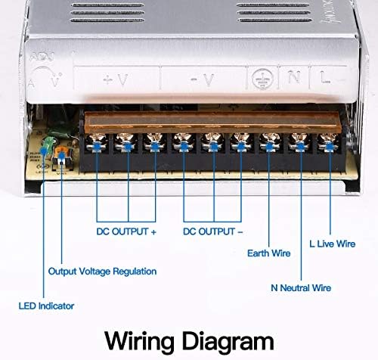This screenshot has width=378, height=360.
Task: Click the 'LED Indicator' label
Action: pyautogui.click(x=47, y=306)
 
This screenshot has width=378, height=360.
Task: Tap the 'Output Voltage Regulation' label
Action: pyautogui.click(x=102, y=271)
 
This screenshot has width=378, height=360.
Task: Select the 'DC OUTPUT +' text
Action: pyautogui.click(x=126, y=232)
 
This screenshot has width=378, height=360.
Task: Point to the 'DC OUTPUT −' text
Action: pyautogui.click(x=214, y=232)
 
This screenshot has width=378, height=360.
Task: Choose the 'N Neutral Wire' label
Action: pyautogui.click(x=302, y=287)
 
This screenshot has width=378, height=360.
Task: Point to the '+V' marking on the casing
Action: pyautogui.click(x=116, y=77)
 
